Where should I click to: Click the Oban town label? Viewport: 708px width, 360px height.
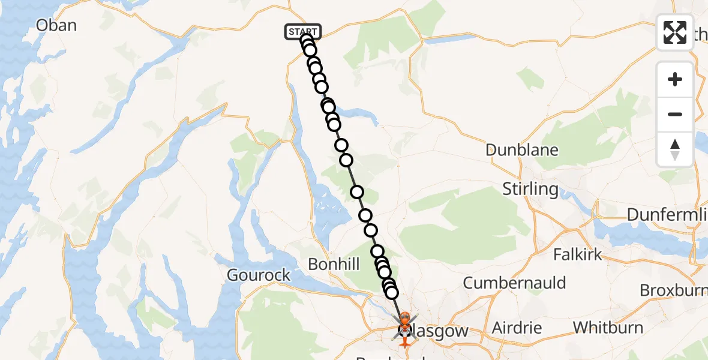pyautogui.click(x=56, y=25)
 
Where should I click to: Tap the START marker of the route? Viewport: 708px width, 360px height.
pyautogui.click(x=303, y=31)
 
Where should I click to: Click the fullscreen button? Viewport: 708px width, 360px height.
pyautogui.click(x=675, y=32)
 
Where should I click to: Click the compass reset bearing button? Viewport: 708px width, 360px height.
pyautogui.click(x=675, y=149)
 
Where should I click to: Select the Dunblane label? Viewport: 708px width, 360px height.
pyautogui.click(x=521, y=150)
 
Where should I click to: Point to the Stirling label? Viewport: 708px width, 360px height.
pyautogui.click(x=530, y=189)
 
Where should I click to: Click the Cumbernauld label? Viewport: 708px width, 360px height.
pyautogui.click(x=514, y=282)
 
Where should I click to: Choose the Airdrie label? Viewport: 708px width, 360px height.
pyautogui.click(x=517, y=328)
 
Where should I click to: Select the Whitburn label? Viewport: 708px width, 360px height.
pyautogui.click(x=608, y=328)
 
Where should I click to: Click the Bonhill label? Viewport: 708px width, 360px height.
pyautogui.click(x=334, y=264)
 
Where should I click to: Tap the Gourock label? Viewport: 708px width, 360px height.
pyautogui.click(x=259, y=275)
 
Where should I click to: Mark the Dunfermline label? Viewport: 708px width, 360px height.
pyautogui.click(x=667, y=214)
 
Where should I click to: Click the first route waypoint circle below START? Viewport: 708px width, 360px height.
pyautogui.click(x=307, y=41)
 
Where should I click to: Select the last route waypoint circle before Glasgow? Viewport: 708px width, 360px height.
pyautogui.click(x=392, y=292)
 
